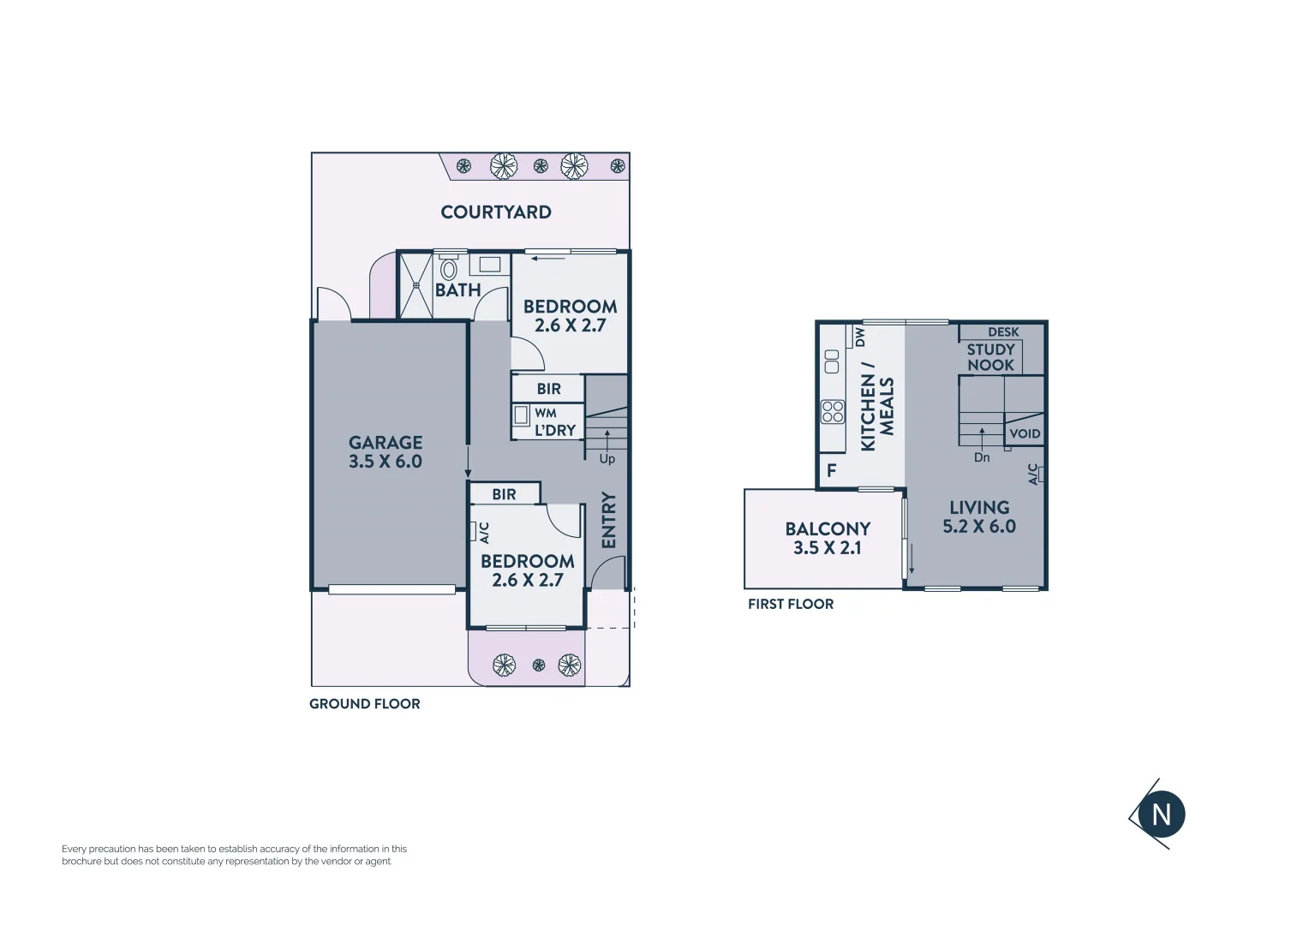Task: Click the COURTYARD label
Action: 496,212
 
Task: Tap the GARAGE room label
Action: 386,443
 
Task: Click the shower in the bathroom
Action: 416,285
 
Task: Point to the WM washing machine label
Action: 546,413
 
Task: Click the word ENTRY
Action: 609,520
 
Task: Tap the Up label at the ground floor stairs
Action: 607,459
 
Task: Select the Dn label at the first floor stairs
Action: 982,457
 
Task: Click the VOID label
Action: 1025,433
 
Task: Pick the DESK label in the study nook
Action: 1003,331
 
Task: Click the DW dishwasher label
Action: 859,337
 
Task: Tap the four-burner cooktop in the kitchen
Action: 833,412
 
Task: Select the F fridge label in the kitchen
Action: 831,470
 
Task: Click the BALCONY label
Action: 828,529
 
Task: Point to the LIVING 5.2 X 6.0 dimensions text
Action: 979,527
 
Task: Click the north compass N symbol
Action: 1161,815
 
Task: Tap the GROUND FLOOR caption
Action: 365,704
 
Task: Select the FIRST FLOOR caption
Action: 791,604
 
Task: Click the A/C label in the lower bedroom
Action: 483,532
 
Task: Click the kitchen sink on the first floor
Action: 831,361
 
